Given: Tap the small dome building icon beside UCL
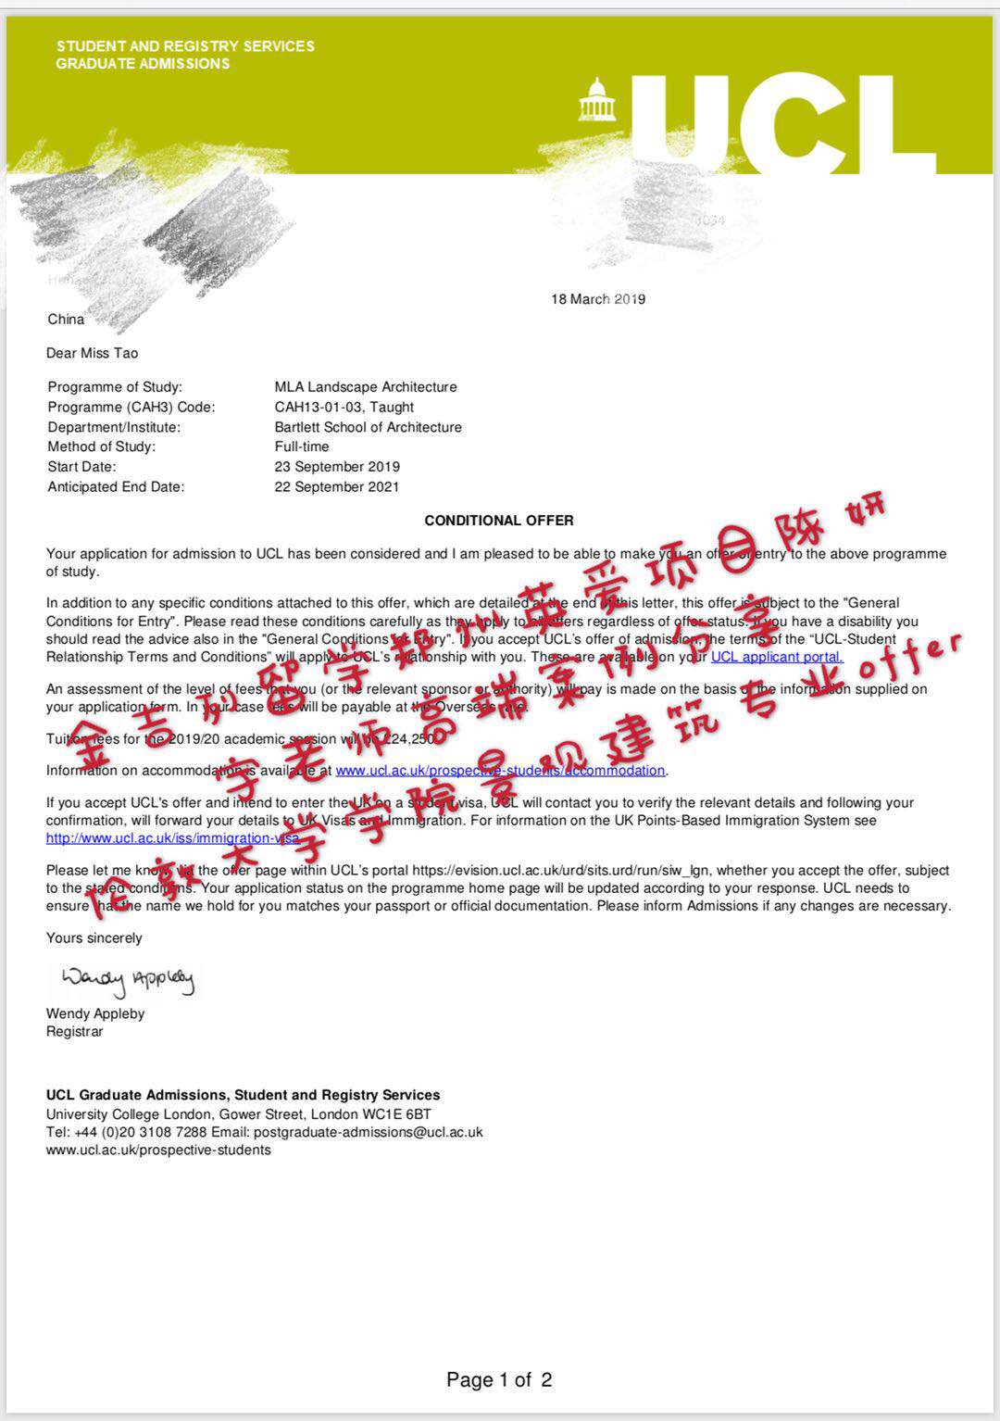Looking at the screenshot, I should click(597, 100).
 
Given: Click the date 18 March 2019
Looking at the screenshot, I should click(598, 299).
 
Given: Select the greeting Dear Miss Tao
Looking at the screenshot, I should click(93, 353).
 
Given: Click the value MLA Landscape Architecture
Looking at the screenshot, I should click(366, 387).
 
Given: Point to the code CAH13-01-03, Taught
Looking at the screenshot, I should click(344, 407).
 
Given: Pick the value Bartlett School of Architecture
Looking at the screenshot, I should click(369, 427).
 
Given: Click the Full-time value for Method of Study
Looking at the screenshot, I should click(302, 446).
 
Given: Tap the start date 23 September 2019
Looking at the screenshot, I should click(337, 467).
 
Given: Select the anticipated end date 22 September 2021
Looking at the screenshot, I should click(337, 487).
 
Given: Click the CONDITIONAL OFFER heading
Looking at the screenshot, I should click(499, 521).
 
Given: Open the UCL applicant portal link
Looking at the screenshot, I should click(777, 657).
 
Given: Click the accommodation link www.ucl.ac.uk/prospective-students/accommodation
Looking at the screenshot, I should click(500, 771).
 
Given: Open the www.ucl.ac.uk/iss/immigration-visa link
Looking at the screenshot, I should click(173, 838).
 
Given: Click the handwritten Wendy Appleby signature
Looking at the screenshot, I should click(128, 979).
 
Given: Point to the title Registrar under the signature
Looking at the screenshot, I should click(75, 1032).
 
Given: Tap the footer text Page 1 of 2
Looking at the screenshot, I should click(499, 1380).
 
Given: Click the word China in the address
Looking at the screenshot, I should click(67, 320).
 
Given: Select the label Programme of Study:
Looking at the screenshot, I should click(115, 387).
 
